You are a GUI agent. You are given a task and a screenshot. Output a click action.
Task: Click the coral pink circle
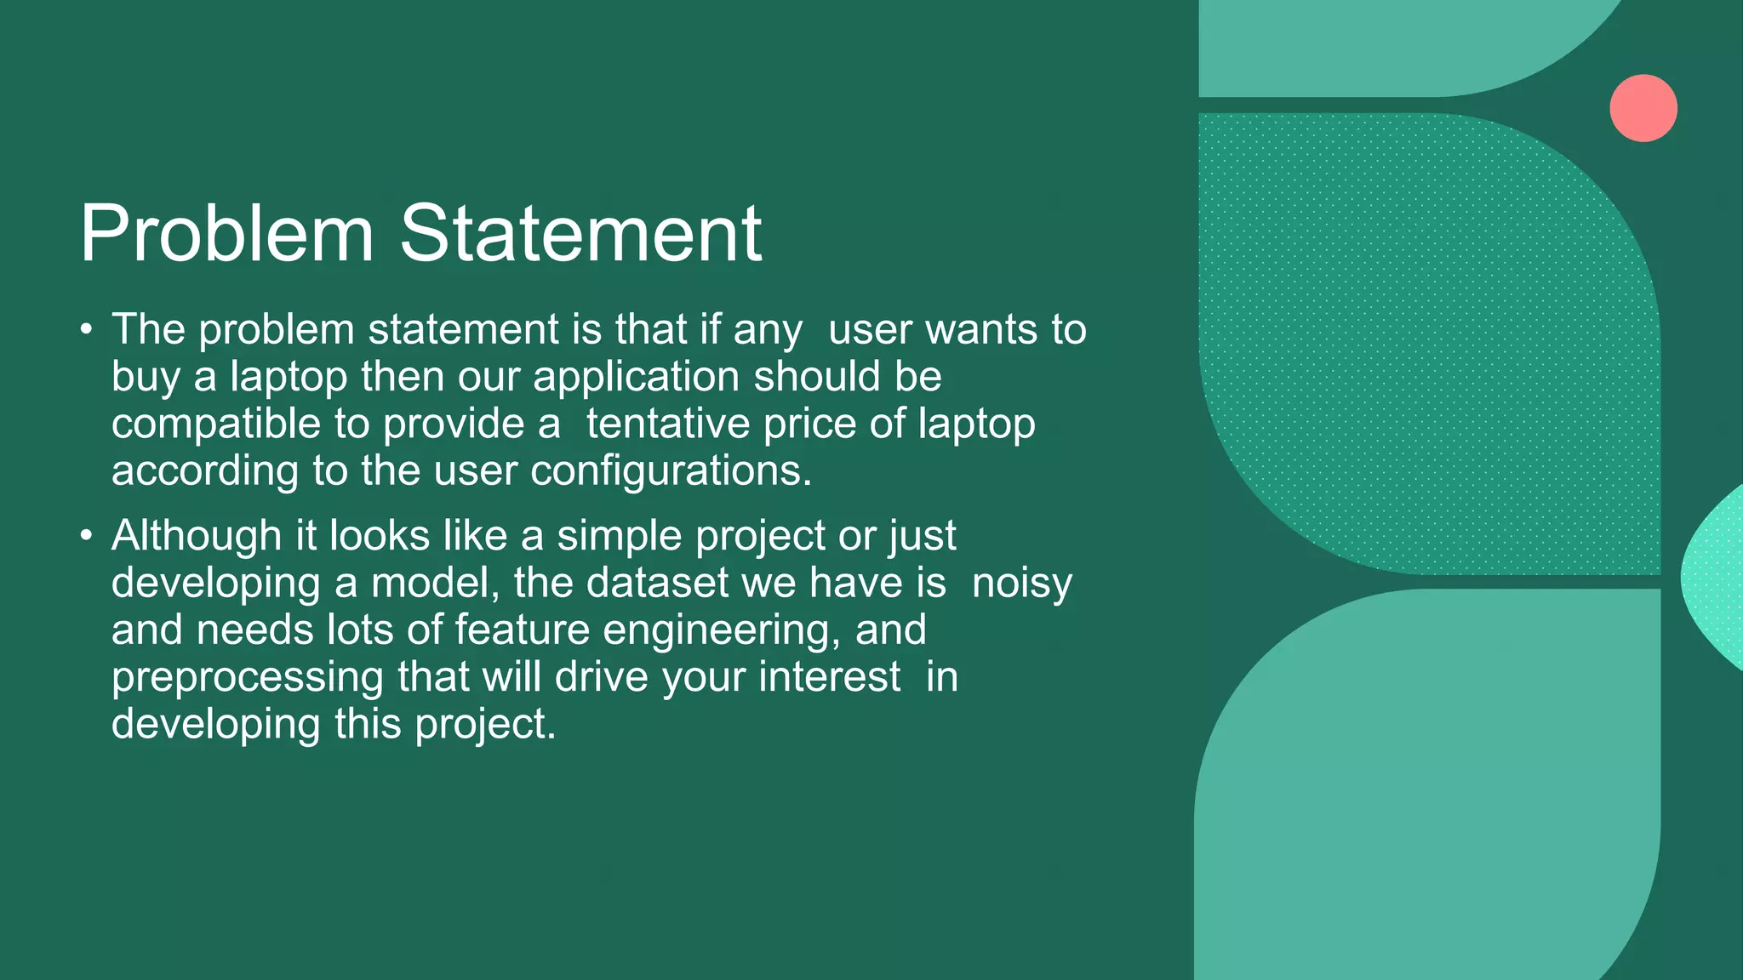tap(1643, 108)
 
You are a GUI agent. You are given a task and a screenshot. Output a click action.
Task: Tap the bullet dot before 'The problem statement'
tap(85, 329)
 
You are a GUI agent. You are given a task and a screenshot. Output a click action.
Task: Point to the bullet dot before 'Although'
tap(85, 536)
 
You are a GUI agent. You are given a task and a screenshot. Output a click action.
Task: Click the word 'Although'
tap(197, 536)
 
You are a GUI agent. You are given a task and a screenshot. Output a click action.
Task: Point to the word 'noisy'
tap(1021, 584)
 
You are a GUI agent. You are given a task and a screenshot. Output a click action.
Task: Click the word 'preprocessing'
tap(248, 678)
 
